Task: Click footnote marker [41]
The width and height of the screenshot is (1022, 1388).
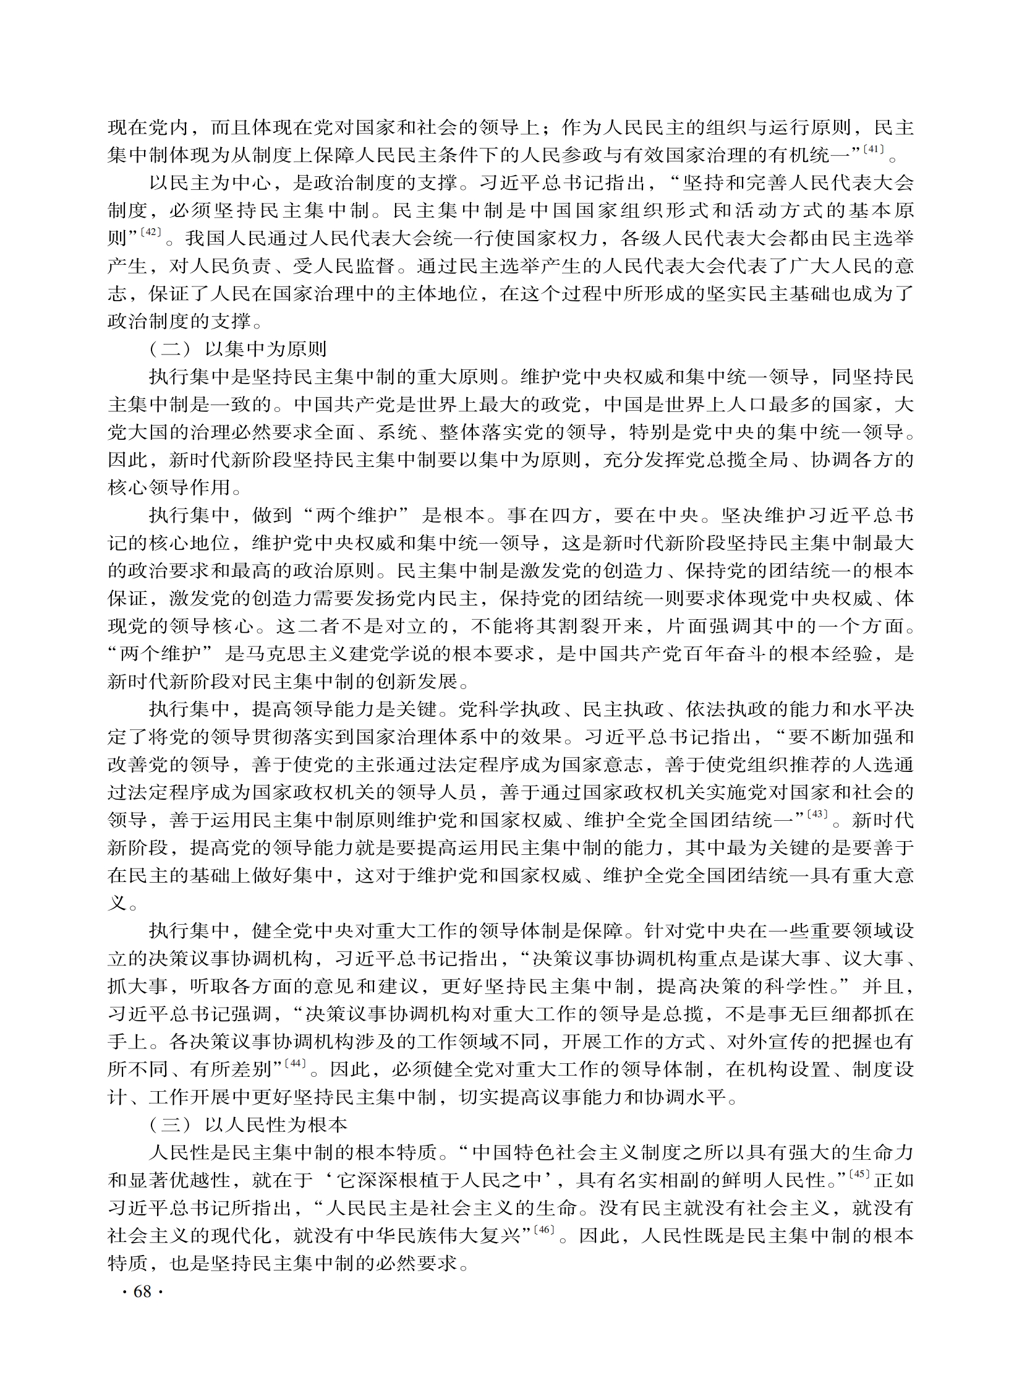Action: [x=874, y=149]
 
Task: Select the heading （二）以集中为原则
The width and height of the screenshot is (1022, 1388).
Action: [x=238, y=349]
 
